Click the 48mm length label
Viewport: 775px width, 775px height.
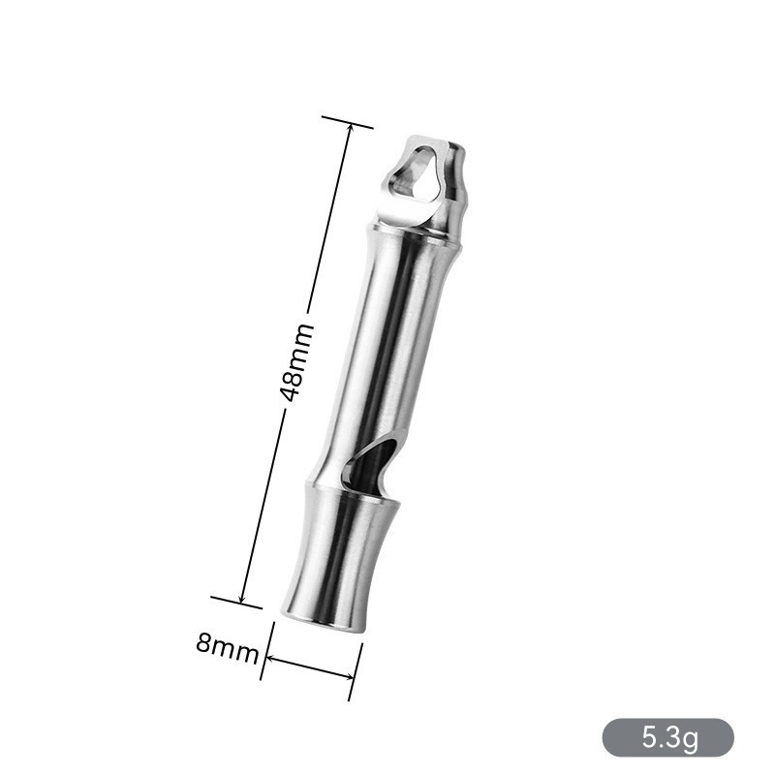(295, 362)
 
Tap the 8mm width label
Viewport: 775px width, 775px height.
(228, 648)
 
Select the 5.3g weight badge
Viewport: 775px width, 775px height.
(667, 737)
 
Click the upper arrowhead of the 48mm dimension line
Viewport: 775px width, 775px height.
(350, 129)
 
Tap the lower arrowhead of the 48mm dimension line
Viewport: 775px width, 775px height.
(242, 598)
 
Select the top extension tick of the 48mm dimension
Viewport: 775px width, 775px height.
(347, 122)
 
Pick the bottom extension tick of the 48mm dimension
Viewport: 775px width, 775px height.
(236, 603)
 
